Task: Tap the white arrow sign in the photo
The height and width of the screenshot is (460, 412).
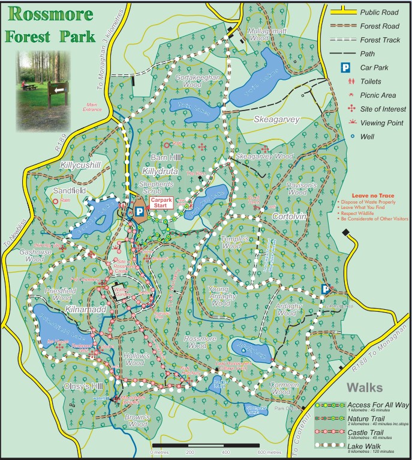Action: pyautogui.click(x=58, y=89)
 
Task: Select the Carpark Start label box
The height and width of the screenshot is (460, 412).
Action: pyautogui.click(x=161, y=203)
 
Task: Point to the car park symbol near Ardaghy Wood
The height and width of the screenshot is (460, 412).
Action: pyautogui.click(x=325, y=289)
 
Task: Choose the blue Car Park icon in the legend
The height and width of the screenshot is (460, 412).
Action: pyautogui.click(x=345, y=68)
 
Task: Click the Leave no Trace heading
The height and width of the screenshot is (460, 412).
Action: pyautogui.click(x=367, y=196)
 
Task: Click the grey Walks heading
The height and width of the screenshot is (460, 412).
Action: pyautogui.click(x=368, y=387)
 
